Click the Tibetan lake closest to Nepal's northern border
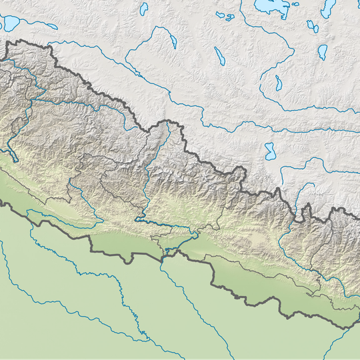[270, 151]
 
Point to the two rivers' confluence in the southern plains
[141, 331]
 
